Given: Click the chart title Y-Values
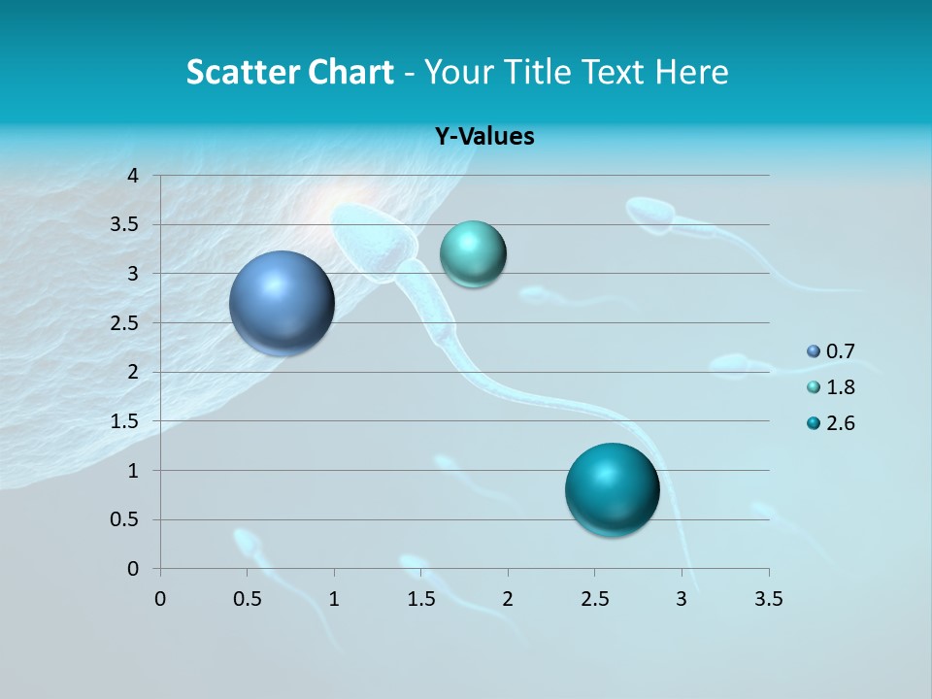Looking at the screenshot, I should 483,137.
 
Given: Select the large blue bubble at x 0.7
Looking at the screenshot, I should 282,304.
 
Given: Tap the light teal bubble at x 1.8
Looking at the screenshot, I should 473,254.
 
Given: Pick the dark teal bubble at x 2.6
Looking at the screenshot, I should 612,489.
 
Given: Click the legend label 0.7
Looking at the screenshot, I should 840,351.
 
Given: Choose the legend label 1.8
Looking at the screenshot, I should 840,387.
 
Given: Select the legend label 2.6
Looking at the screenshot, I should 840,423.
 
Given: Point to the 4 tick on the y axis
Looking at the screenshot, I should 133,176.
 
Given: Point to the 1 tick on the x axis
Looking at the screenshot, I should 334,599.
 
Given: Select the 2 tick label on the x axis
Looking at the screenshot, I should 508,599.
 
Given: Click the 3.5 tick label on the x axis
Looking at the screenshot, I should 768,599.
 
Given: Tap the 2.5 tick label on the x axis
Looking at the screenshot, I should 594,599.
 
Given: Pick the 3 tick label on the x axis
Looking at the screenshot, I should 682,599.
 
